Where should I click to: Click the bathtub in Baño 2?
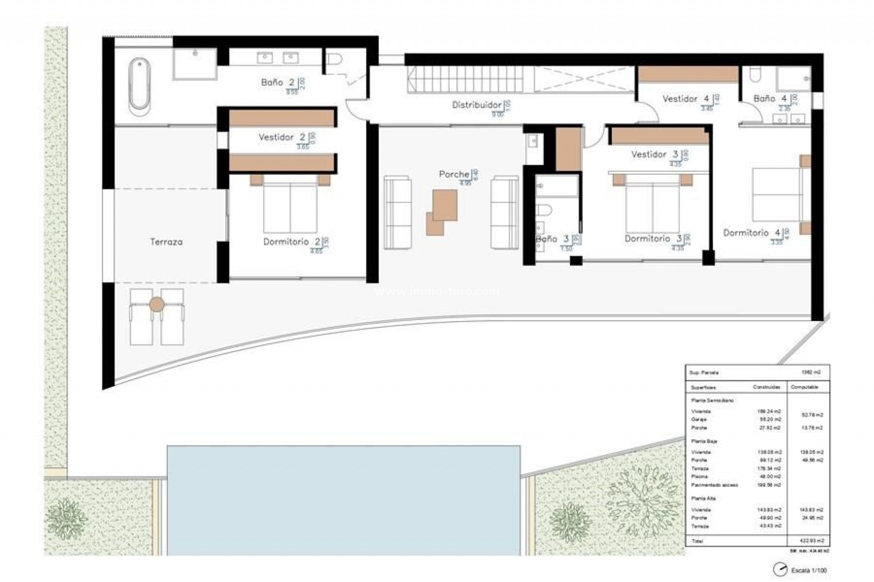click(x=139, y=86)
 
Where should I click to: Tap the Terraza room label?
click(x=166, y=242)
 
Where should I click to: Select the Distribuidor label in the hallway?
click(x=477, y=105)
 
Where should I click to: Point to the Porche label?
click(x=454, y=174)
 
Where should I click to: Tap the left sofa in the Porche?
click(x=397, y=213)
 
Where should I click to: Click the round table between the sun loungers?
click(x=157, y=304)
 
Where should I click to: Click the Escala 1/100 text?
click(x=808, y=570)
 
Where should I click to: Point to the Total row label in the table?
click(x=697, y=541)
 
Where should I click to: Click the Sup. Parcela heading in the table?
click(x=704, y=372)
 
